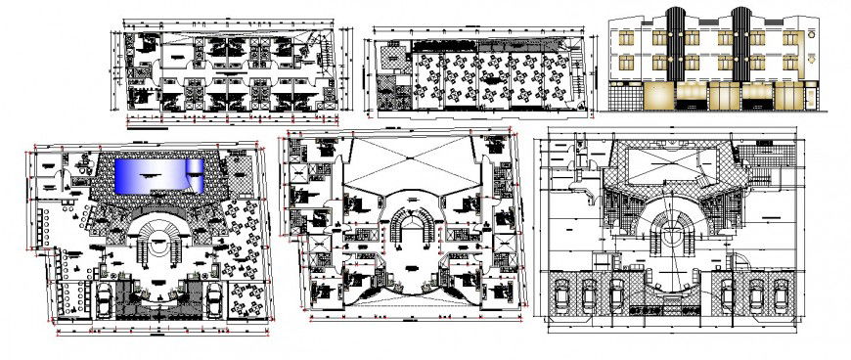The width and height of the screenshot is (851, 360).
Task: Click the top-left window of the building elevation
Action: click(620, 38)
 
